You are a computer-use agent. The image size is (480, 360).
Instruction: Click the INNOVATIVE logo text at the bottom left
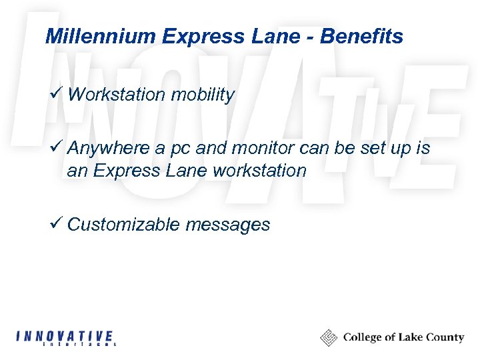coord(64,335)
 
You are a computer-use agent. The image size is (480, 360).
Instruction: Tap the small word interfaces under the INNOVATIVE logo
coord(79,345)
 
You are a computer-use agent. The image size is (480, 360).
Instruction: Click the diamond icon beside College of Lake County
coord(328,337)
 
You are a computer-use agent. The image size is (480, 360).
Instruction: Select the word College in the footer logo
coord(363,338)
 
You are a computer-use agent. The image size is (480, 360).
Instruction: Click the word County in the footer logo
coord(444,337)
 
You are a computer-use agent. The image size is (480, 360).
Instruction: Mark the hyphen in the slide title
coord(311,37)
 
